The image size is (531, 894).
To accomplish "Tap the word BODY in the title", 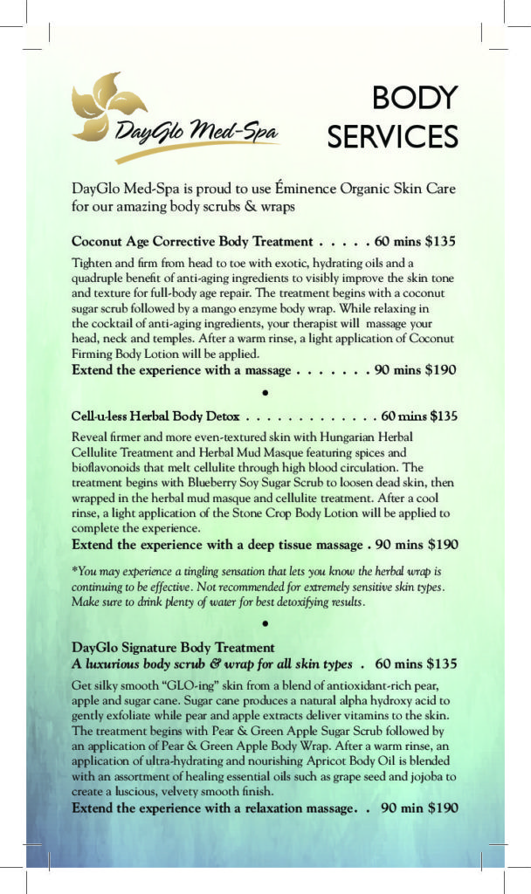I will pyautogui.click(x=415, y=98).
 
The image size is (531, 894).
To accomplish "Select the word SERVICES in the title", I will pyautogui.click(x=392, y=136).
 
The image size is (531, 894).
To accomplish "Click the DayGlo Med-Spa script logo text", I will pyautogui.click(x=196, y=134).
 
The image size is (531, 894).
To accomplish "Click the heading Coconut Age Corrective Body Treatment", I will pyautogui.click(x=191, y=241).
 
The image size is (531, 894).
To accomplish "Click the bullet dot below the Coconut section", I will pyautogui.click(x=264, y=391).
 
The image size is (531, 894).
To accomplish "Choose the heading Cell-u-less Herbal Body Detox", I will pyautogui.click(x=161, y=416).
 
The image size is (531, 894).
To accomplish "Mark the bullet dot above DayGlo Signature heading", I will pyautogui.click(x=264, y=623).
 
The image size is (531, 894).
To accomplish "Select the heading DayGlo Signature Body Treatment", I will pyautogui.click(x=173, y=648).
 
